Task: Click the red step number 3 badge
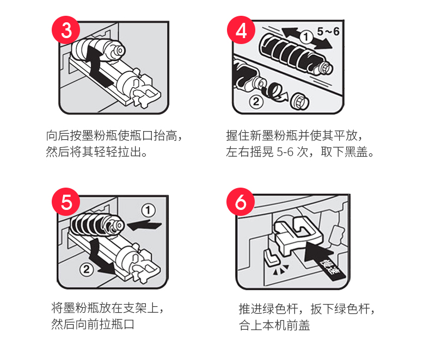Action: [66, 30]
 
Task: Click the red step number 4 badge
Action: [241, 30]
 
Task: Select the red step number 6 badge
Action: [241, 202]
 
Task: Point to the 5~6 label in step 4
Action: [328, 32]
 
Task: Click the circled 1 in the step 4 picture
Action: [306, 37]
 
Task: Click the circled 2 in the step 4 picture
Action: [256, 102]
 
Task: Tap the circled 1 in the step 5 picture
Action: [149, 210]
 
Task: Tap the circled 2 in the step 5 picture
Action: [87, 269]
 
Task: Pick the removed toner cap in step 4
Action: [300, 102]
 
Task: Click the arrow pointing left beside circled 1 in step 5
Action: [144, 226]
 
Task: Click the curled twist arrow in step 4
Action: [274, 92]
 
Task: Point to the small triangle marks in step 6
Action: [280, 269]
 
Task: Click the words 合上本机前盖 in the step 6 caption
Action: [274, 325]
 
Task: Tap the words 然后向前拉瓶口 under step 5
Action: [93, 324]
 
